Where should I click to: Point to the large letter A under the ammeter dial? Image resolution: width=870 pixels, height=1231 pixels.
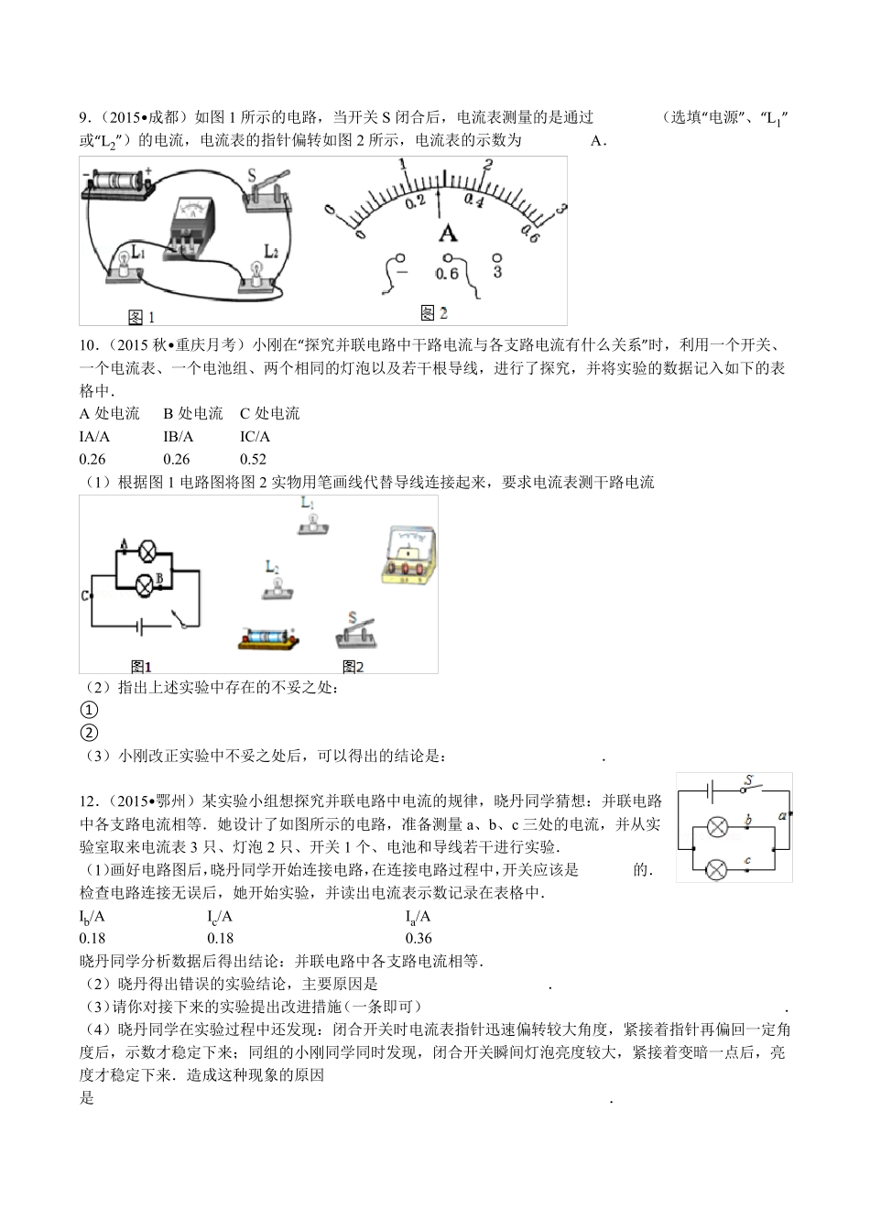[x=447, y=233]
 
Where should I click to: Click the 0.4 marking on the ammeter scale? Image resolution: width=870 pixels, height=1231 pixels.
[x=474, y=200]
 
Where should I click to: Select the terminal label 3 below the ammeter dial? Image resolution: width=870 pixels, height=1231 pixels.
[x=497, y=272]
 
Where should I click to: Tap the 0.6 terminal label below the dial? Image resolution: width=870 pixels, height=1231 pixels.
[x=447, y=274]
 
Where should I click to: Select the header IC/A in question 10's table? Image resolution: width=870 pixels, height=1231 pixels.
[x=255, y=437]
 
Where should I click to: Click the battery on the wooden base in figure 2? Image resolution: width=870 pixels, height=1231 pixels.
[x=267, y=637]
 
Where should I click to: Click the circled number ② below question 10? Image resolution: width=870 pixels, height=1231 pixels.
[x=89, y=733]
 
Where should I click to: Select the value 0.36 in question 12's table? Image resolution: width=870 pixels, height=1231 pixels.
[x=419, y=938]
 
